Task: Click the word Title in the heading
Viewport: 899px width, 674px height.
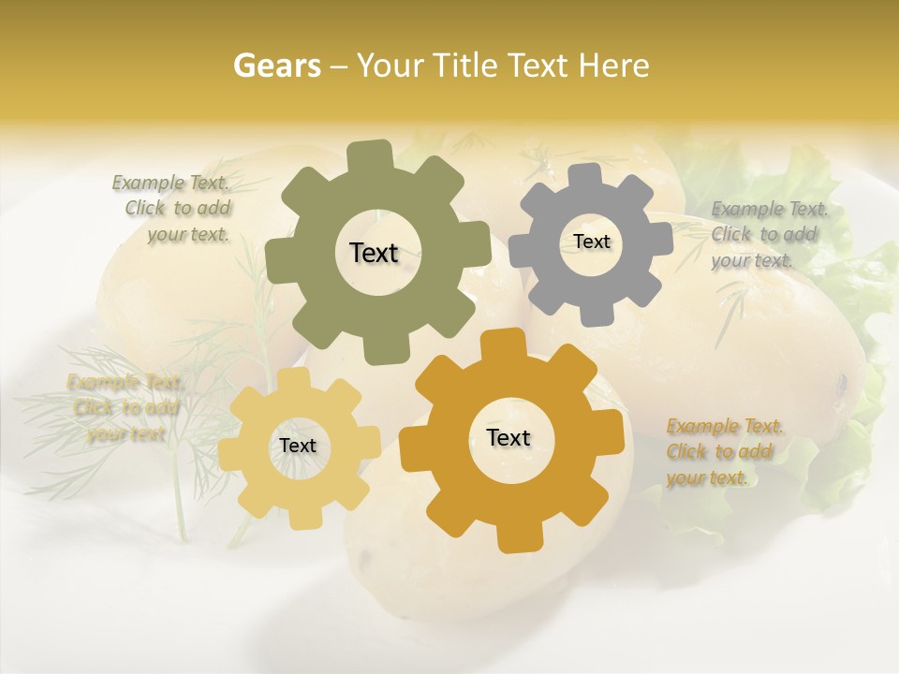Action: click(x=464, y=66)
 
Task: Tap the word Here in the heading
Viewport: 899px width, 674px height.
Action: click(x=612, y=66)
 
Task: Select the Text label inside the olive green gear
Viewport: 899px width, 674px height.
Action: click(x=374, y=253)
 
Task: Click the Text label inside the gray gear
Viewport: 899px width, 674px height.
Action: click(x=591, y=242)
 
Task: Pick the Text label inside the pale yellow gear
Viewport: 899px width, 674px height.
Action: click(x=298, y=446)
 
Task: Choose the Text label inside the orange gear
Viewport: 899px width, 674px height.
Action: click(x=508, y=437)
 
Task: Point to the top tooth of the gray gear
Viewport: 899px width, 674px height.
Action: click(x=585, y=175)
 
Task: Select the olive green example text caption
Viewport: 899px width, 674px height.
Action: click(x=177, y=209)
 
